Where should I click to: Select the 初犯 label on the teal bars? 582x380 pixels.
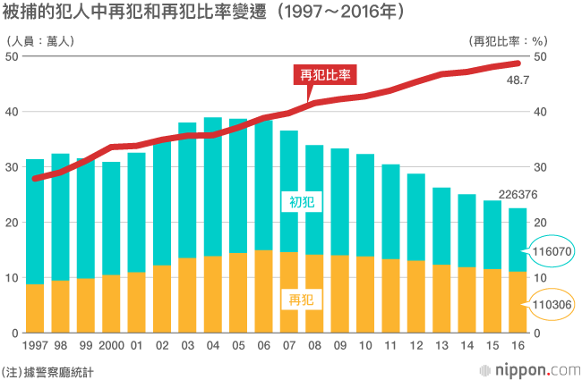(301, 202)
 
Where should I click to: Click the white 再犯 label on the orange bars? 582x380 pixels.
(301, 298)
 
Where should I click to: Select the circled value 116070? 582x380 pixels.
(552, 254)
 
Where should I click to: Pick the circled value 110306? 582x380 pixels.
(552, 305)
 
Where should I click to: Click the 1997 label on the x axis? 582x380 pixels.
(36, 345)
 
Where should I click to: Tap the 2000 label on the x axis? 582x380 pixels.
(111, 345)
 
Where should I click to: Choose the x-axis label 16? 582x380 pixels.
(518, 345)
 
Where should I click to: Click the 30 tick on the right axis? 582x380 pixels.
(540, 167)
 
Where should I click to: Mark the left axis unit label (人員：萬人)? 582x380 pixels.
(39, 40)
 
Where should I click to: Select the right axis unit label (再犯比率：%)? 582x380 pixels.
(509, 40)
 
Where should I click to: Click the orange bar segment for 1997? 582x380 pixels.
(35, 308)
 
